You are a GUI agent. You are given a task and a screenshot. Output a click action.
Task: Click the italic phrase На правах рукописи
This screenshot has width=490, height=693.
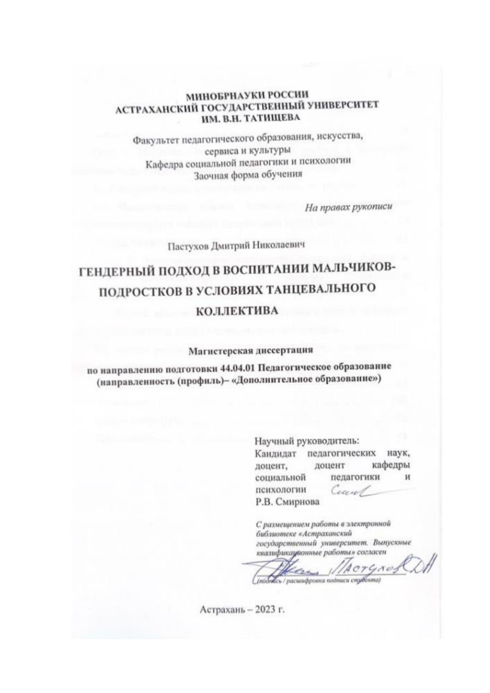pyautogui.click(x=345, y=206)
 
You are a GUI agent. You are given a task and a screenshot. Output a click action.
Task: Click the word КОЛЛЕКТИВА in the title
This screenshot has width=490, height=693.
pyautogui.click(x=237, y=311)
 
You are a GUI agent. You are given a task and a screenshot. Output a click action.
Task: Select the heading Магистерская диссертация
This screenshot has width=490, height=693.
pyautogui.click(x=245, y=349)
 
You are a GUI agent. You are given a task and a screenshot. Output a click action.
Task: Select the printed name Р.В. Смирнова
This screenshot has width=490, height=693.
pyautogui.click(x=287, y=502)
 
